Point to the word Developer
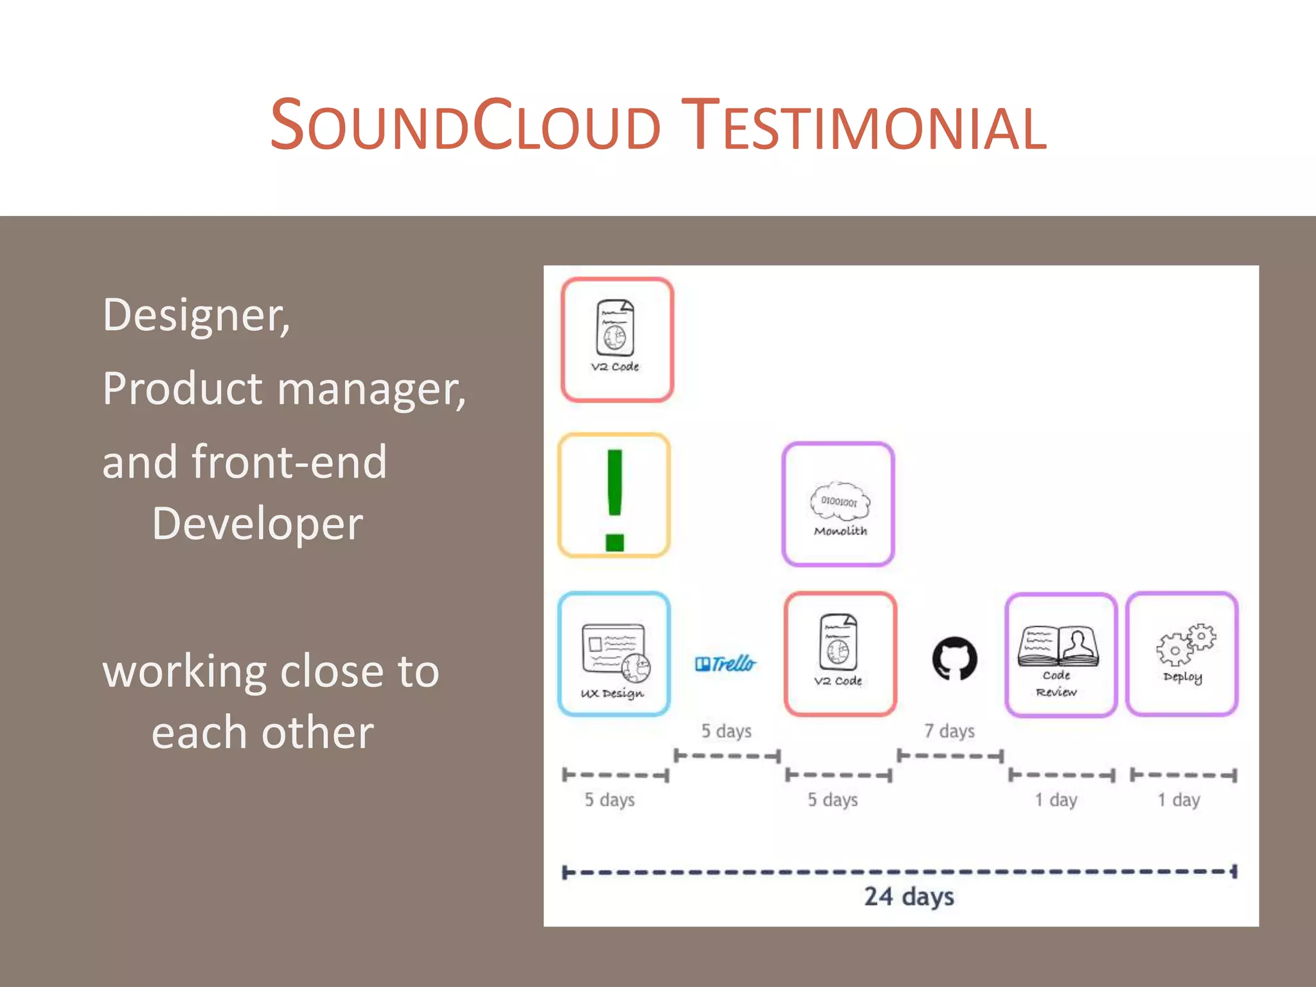pyautogui.click(x=257, y=524)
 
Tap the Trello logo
pyautogui.click(x=725, y=663)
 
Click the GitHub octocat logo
pyautogui.click(x=954, y=659)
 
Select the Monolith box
pyautogui.click(x=838, y=504)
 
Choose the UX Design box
pyautogui.click(x=614, y=654)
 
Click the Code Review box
pyautogui.click(x=1060, y=655)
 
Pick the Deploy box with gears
pyautogui.click(x=1182, y=654)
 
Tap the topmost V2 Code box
pyautogui.click(x=617, y=340)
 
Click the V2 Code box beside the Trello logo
pyautogui.click(x=840, y=654)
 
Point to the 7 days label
pyautogui.click(x=949, y=731)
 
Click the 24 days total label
pyautogui.click(x=909, y=896)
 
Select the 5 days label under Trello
pyautogui.click(x=726, y=731)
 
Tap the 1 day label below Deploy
pyautogui.click(x=1178, y=800)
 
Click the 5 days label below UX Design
pyautogui.click(x=609, y=800)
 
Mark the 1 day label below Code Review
pyautogui.click(x=1056, y=800)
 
